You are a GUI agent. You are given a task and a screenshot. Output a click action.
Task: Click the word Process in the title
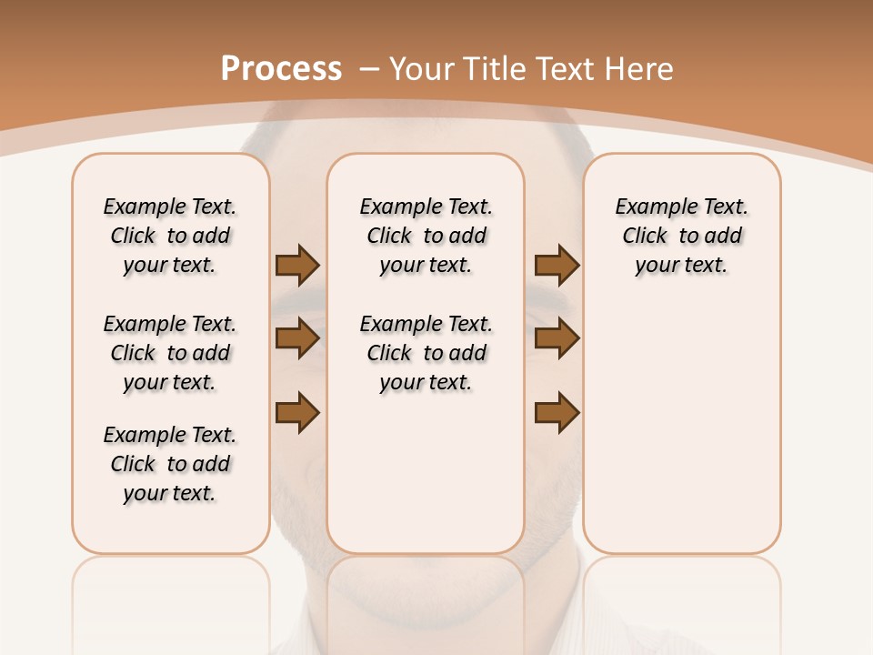pyautogui.click(x=281, y=69)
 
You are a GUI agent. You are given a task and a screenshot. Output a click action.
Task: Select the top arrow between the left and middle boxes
pyautogui.click(x=297, y=266)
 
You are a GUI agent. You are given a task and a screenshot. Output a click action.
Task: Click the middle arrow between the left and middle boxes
pyautogui.click(x=297, y=339)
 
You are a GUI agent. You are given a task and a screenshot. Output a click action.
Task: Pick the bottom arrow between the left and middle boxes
pyautogui.click(x=297, y=413)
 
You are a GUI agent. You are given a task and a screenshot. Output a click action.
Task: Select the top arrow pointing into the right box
pyautogui.click(x=557, y=266)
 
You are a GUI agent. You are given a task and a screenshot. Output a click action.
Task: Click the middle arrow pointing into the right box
pyautogui.click(x=557, y=339)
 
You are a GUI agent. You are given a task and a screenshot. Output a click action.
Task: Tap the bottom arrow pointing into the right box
pyautogui.click(x=557, y=413)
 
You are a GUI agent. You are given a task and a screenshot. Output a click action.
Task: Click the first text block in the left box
pyautogui.click(x=170, y=236)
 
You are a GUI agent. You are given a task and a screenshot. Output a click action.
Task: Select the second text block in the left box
pyautogui.click(x=170, y=353)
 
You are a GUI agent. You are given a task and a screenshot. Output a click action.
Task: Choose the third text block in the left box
pyautogui.click(x=170, y=464)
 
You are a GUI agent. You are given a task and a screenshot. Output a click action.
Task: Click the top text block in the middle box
pyautogui.click(x=426, y=236)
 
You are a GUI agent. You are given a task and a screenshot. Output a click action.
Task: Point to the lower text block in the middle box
pyautogui.click(x=426, y=353)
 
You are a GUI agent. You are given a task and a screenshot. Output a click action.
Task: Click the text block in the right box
pyautogui.click(x=681, y=236)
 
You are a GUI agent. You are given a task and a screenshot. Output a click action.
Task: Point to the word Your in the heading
pyautogui.click(x=422, y=69)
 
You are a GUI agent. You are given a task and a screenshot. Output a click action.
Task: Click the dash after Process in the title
pyautogui.click(x=369, y=69)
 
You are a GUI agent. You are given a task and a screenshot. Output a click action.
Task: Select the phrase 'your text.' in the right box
pyautogui.click(x=681, y=266)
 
